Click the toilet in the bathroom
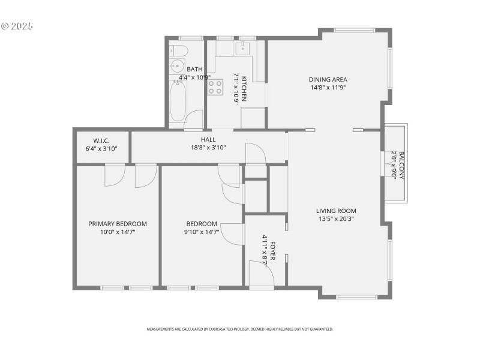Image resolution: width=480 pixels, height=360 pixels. click(178, 50)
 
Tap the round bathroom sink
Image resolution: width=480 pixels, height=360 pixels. click(178, 65)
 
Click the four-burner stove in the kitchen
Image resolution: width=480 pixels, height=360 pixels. click(215, 88)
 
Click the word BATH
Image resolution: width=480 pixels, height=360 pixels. click(194, 70)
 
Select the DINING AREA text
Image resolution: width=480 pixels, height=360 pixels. click(328, 79)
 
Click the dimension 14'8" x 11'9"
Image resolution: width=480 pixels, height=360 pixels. click(328, 87)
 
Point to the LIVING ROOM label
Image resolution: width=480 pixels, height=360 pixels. click(336, 211)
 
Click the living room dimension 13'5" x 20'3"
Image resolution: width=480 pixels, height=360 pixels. click(336, 218)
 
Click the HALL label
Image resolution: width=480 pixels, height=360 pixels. click(208, 139)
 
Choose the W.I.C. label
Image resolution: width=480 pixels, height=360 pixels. click(101, 141)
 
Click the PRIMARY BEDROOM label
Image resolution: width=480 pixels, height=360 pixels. click(118, 224)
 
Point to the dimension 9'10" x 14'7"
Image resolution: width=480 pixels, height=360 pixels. click(202, 232)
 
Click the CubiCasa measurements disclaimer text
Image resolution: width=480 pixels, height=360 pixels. click(240, 329)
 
